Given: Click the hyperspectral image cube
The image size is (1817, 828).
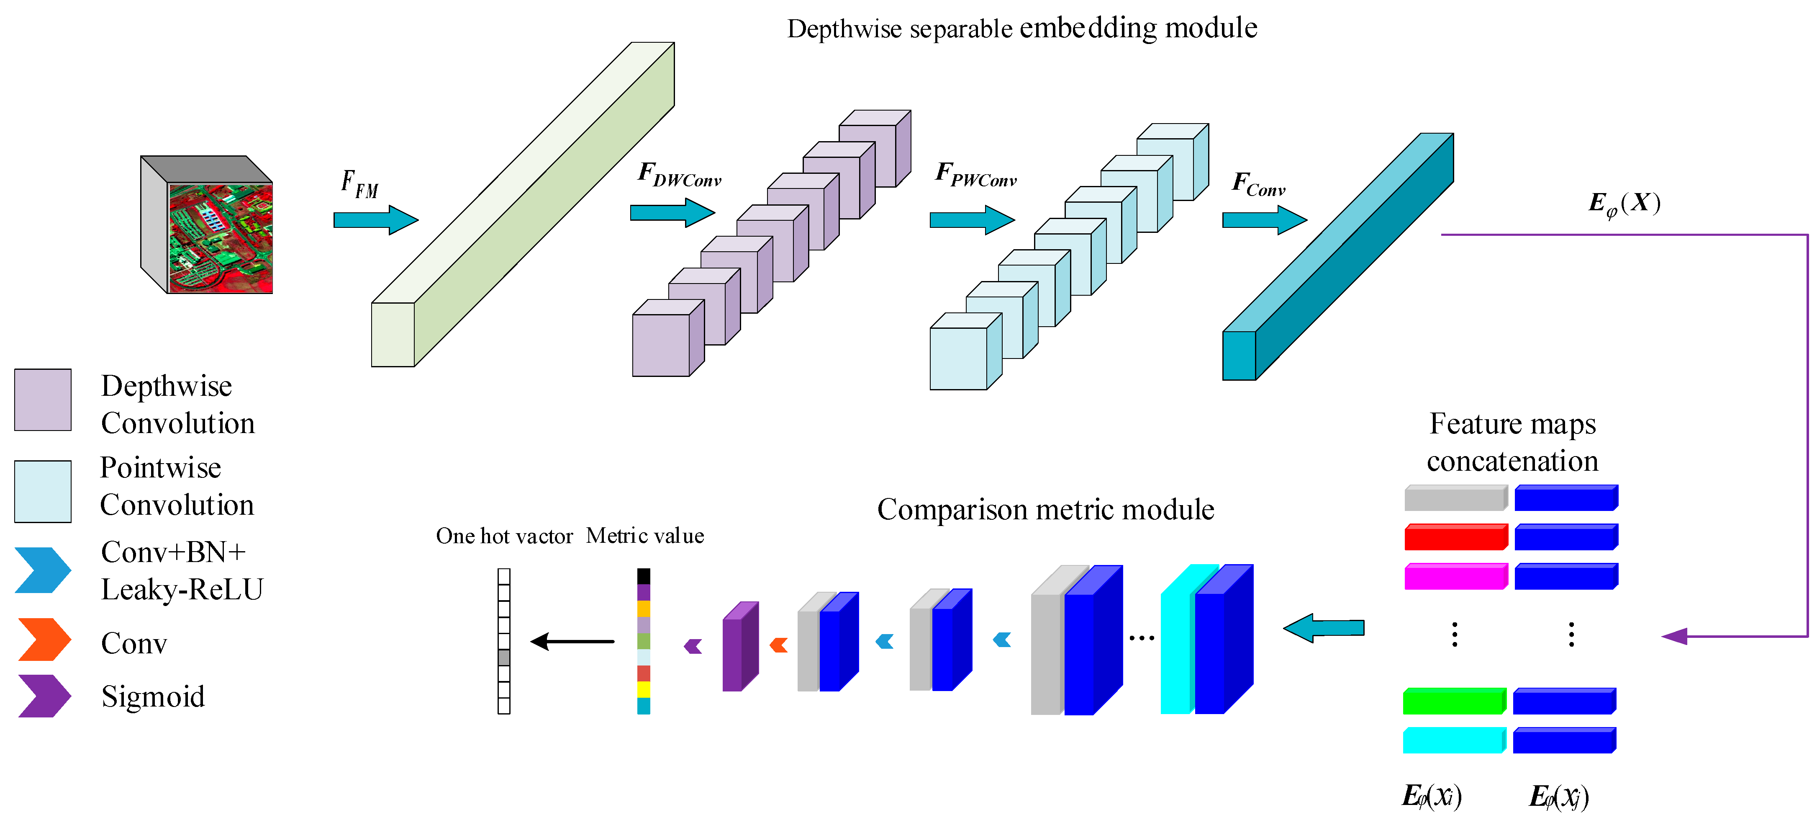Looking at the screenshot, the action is pos(207,224).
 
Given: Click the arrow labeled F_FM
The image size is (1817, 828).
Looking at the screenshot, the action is pos(376,220).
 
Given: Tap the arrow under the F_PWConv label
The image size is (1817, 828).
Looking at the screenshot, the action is pos(972,220).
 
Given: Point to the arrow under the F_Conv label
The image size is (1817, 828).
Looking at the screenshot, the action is pos(1265,220).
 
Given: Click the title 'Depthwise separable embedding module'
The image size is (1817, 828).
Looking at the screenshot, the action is pos(1022,28).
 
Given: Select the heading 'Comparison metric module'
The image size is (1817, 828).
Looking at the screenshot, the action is pos(1045,509).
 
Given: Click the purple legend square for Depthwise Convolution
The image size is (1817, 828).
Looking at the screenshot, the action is pos(43,400).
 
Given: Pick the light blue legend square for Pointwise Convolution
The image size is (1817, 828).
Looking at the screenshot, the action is pos(43,491).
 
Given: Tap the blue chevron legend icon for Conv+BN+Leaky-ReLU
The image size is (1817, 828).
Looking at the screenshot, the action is pos(43,570).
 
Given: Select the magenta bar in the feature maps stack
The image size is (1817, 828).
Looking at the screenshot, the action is pos(1456,576).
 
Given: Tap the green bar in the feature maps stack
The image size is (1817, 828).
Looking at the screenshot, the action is pos(1455,701).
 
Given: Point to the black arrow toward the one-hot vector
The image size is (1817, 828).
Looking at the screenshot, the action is pos(572,642).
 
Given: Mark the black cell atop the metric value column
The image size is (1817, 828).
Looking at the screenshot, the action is pos(643,576).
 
